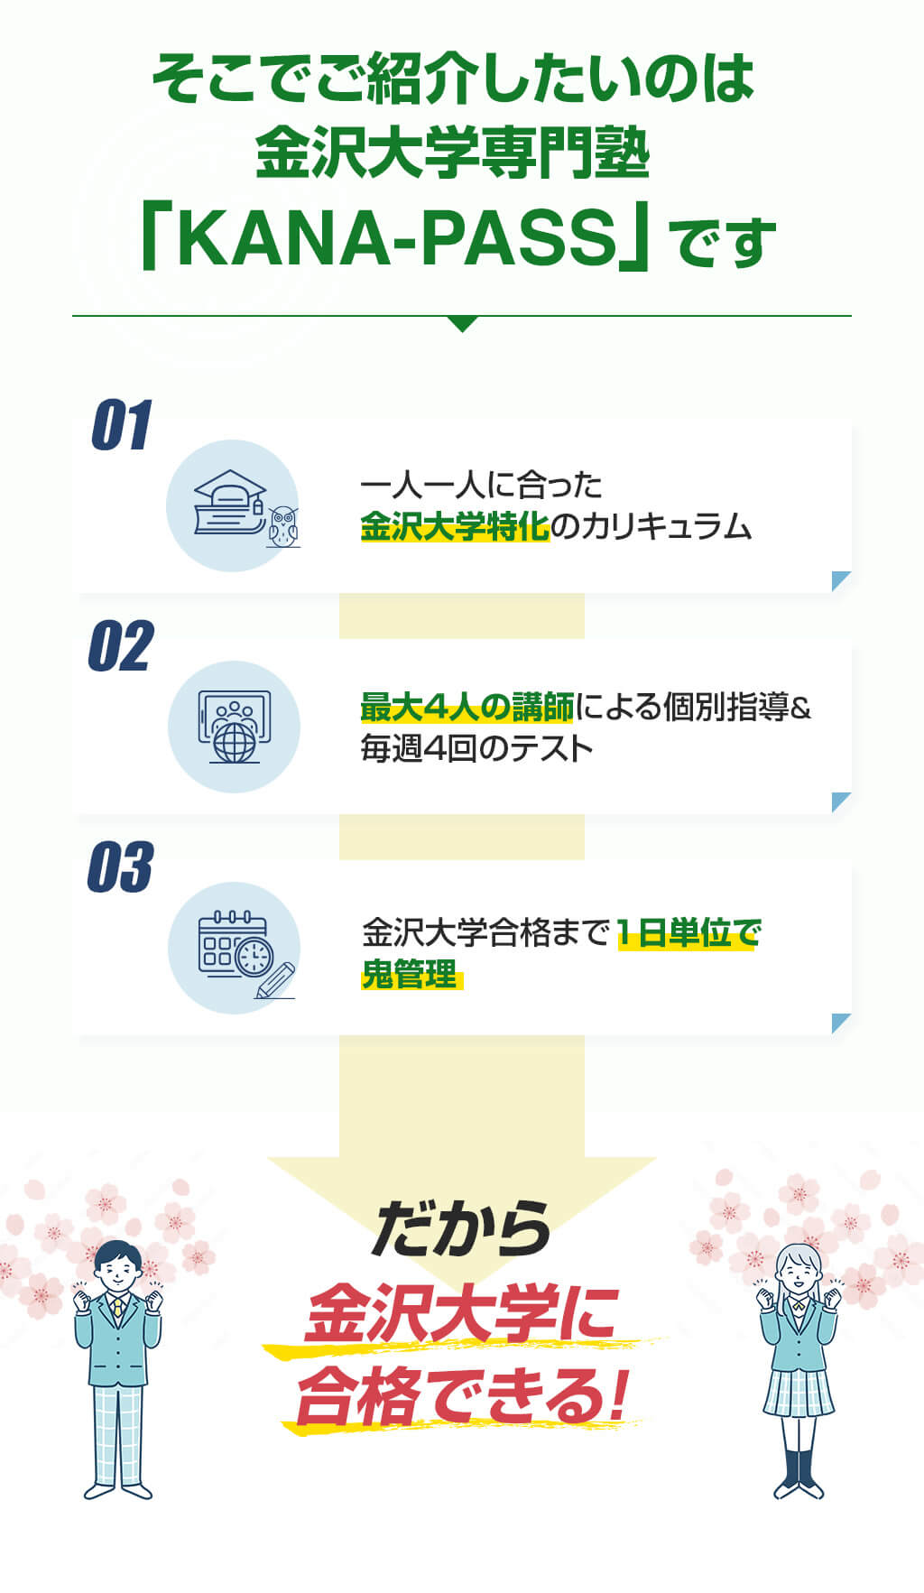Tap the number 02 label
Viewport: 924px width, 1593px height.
click(x=121, y=646)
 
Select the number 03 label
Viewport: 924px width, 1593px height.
click(x=120, y=867)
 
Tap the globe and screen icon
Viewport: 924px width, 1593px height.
click(x=234, y=727)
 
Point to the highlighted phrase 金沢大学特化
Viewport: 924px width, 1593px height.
click(x=455, y=525)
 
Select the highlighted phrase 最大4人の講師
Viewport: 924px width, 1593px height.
click(x=467, y=708)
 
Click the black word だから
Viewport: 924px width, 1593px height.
click(x=461, y=1228)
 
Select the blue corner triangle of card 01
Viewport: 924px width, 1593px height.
click(x=841, y=580)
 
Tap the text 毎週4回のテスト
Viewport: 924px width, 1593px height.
click(x=476, y=748)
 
